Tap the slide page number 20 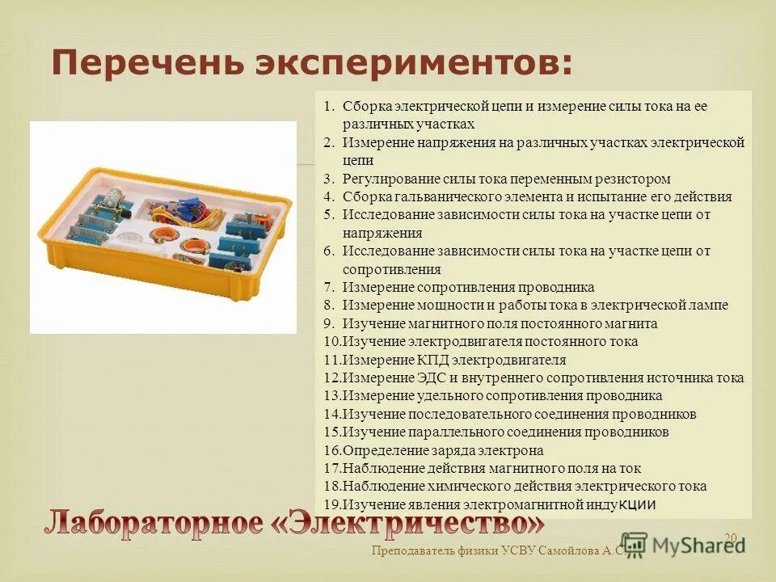pos(731,538)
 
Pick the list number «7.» pos(329,287)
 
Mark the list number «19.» pos(332,504)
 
